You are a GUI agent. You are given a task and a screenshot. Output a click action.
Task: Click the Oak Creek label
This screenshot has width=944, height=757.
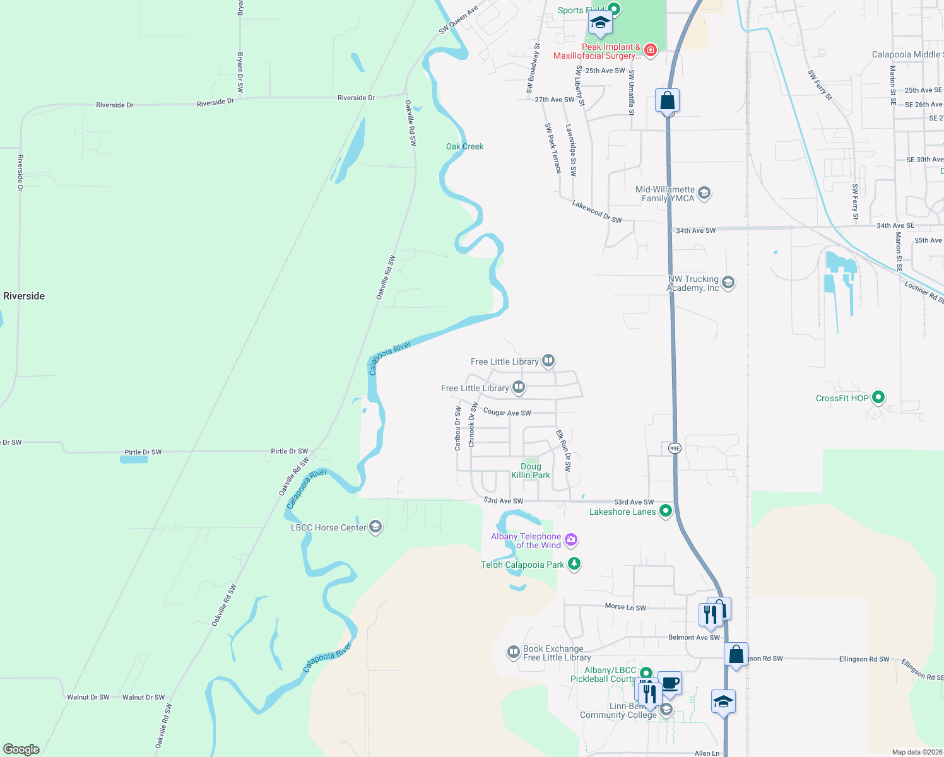click(x=464, y=146)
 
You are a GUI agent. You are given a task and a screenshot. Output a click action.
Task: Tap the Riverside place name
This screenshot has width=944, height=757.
click(x=24, y=296)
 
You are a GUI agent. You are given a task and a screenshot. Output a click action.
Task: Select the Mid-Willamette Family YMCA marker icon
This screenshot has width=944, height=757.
click(x=704, y=193)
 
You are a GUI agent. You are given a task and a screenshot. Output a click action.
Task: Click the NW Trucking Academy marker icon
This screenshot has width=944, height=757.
click(x=728, y=283)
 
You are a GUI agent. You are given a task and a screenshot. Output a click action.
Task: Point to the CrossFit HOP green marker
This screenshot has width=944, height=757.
click(x=878, y=397)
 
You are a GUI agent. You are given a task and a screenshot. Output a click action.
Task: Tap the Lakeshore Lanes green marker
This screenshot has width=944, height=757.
click(x=665, y=511)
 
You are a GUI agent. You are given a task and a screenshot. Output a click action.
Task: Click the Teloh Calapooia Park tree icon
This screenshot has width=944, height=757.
click(x=574, y=564)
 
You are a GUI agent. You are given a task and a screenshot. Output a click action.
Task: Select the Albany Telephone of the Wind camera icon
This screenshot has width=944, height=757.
click(x=571, y=539)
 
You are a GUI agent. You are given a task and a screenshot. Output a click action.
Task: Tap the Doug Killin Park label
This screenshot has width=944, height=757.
click(x=531, y=471)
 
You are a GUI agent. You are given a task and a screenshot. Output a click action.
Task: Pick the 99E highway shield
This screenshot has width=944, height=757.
click(x=675, y=448)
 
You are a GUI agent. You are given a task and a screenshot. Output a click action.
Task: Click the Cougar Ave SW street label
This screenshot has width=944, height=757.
click(x=507, y=413)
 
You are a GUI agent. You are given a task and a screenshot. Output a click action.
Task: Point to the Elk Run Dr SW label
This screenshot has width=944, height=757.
click(x=563, y=450)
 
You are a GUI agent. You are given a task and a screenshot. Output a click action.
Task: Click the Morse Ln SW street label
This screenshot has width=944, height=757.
click(x=625, y=607)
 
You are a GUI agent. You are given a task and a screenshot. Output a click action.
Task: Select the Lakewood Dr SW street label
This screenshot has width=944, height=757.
click(x=597, y=211)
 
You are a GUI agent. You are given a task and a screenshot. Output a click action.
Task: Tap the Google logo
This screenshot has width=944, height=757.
click(x=21, y=749)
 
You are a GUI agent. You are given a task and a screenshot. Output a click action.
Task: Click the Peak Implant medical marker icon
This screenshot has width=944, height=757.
click(x=651, y=50)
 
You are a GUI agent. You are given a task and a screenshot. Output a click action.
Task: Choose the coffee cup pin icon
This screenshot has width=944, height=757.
click(x=670, y=683)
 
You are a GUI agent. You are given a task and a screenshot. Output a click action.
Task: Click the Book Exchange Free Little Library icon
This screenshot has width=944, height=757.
click(x=514, y=652)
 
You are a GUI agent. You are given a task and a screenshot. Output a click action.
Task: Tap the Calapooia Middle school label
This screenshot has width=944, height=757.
click(x=906, y=55)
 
